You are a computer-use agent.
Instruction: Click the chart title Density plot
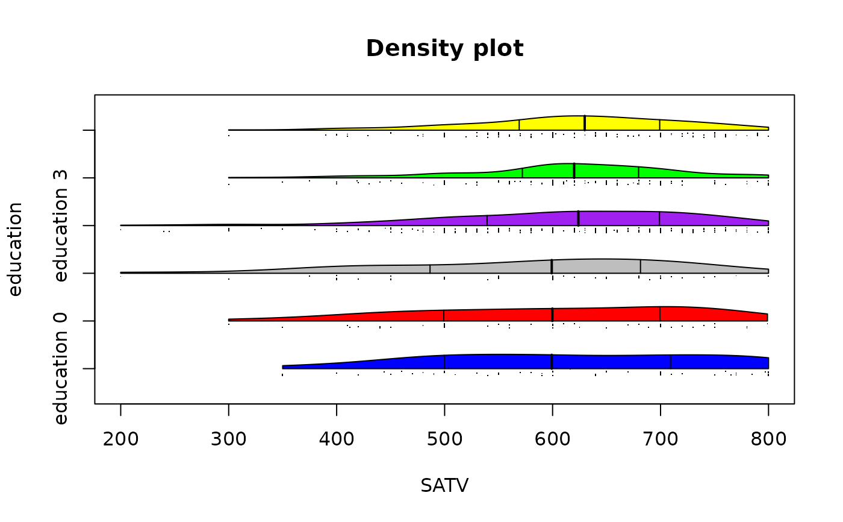pos(444,49)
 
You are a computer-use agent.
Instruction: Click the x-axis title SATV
pos(444,485)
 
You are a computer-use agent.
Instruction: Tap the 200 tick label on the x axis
pos(120,439)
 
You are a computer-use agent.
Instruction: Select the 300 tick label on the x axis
pos(229,439)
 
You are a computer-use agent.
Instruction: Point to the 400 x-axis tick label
pos(337,439)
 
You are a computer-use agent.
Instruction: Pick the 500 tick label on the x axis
pos(444,439)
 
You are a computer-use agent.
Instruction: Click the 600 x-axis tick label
pos(552,439)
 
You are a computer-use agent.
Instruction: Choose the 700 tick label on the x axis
pos(660,439)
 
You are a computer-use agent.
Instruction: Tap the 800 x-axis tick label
pos(768,439)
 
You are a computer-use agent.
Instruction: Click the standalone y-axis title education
pos(16,249)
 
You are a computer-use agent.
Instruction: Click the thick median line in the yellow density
pos(584,122)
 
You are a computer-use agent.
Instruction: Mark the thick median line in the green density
pos(574,171)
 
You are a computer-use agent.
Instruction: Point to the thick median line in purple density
pos(578,218)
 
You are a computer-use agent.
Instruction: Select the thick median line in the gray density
pos(552,266)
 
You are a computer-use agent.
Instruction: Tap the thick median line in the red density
pos(552,314)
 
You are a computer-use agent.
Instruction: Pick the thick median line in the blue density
pos(552,362)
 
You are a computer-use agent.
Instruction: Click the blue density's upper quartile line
pos(671,362)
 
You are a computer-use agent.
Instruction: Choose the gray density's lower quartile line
pos(430,269)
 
